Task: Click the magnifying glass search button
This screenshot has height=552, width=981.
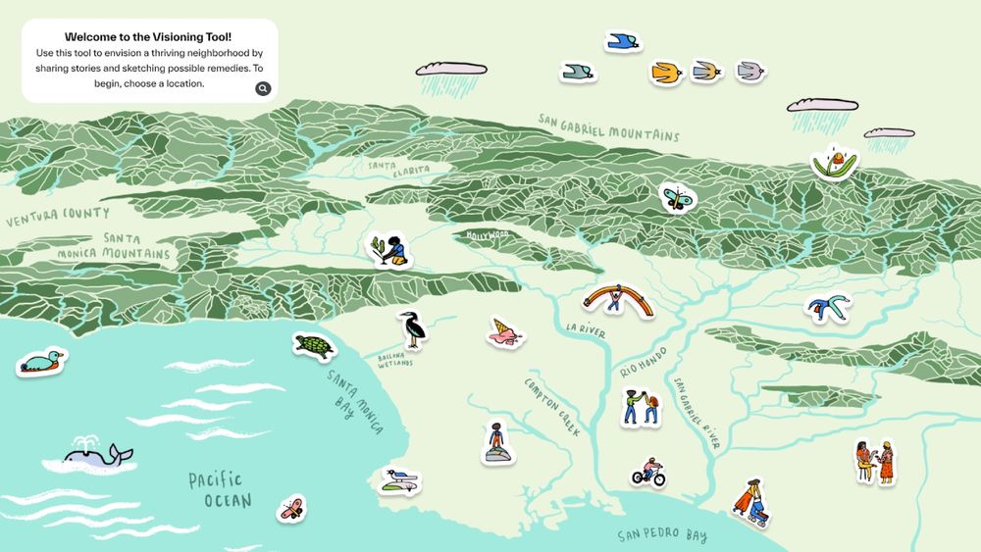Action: pos(263,89)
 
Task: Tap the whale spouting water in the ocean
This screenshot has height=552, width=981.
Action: pos(98,454)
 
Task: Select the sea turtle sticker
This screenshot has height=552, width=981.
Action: pos(314,346)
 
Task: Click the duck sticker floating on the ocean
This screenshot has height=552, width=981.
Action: pos(42,362)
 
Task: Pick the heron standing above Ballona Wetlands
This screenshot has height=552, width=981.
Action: pos(413,329)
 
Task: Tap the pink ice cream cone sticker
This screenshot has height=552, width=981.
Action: pos(506,333)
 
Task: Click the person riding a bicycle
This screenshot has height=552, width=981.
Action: pos(648,473)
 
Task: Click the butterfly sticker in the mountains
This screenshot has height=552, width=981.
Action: pos(676,197)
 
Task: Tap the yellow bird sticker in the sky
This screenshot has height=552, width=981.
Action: pos(666,73)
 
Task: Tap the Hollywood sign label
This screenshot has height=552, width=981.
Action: pos(488,235)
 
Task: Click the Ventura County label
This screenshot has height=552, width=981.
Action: pos(58,216)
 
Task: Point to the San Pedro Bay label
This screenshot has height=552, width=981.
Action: pos(663,535)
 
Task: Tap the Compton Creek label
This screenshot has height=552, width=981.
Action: pos(552,407)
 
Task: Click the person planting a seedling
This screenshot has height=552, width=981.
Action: pos(389,250)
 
